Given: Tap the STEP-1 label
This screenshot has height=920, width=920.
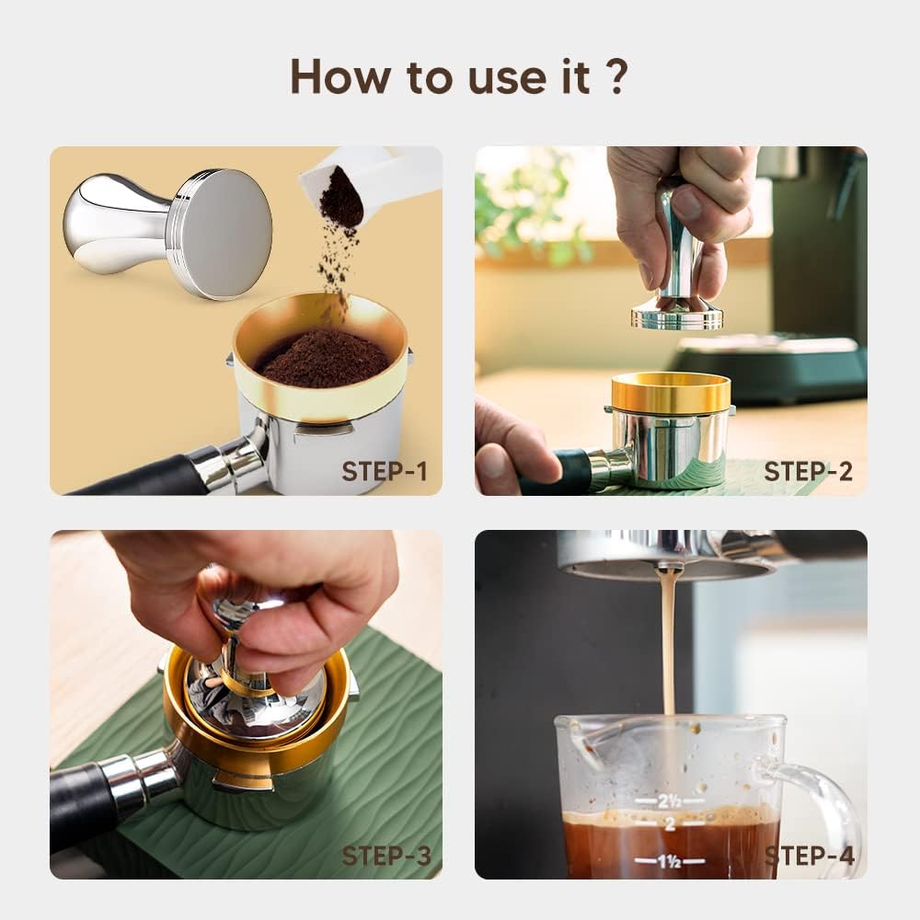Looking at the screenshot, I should pos(384,472).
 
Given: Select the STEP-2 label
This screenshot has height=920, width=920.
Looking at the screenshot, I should pos(808,472).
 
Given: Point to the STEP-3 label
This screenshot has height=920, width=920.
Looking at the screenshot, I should pos(385,856).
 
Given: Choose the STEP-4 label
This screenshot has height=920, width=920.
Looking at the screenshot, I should pos(810,856).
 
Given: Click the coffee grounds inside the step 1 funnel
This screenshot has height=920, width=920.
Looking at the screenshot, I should pos(321,359).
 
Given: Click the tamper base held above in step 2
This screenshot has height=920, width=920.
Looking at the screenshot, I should pos(677,315).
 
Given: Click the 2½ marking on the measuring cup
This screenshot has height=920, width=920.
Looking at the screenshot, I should pos(669,801).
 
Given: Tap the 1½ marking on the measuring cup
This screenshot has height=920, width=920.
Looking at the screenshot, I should pos(669,861).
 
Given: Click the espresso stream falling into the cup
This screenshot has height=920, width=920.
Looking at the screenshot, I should pos(669,644).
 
